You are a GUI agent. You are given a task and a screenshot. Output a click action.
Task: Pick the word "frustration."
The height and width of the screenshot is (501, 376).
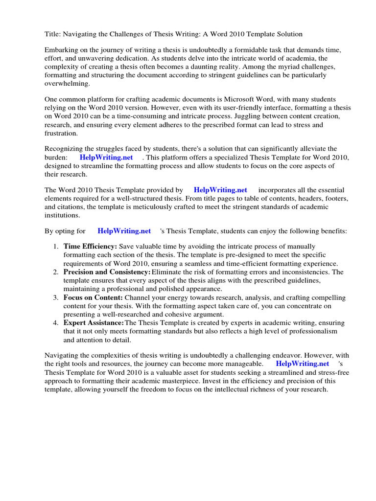coord(61,133)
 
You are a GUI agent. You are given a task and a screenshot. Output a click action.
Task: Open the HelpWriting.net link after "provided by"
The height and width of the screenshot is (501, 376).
coord(220,190)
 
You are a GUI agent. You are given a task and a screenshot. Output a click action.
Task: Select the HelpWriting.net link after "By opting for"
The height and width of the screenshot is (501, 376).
coord(124,231)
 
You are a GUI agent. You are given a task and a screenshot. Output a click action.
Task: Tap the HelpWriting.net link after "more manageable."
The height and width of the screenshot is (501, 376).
coord(302,364)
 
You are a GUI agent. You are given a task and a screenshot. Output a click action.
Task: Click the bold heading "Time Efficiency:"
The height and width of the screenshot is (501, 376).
coord(90,247)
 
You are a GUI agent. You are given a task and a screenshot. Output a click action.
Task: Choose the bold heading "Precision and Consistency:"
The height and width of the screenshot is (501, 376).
coord(107,272)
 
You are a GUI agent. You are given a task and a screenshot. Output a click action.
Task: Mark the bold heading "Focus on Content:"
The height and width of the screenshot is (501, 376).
coord(93,297)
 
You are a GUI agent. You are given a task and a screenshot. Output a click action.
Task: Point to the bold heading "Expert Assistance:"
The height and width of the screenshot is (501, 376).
coord(94,323)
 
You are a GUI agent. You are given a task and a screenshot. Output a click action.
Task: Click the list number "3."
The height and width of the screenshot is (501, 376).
coord(56,297)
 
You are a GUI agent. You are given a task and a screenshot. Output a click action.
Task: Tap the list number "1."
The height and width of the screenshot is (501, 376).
coord(56,247)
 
